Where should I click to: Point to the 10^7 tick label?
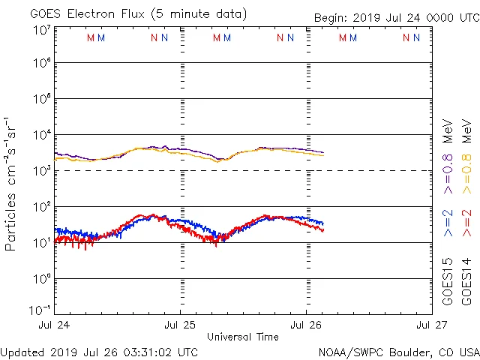[42, 29]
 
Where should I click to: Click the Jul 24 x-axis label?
[55, 325]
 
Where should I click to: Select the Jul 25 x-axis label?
[180, 325]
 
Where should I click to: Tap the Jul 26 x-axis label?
[305, 325]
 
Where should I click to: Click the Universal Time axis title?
[243, 337]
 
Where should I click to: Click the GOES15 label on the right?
[448, 280]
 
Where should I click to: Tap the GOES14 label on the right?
[466, 280]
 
